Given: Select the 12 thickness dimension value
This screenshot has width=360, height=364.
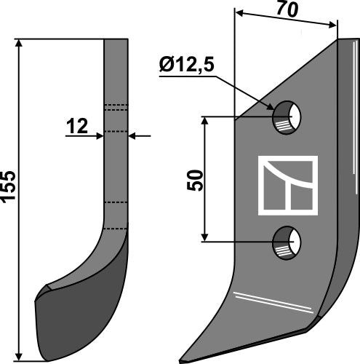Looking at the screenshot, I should click(76, 127).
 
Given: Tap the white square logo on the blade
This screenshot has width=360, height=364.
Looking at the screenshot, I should click(287, 186).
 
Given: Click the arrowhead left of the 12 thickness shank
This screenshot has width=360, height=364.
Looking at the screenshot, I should click(100, 135).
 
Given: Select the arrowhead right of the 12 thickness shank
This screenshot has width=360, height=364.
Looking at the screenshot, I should click(132, 135).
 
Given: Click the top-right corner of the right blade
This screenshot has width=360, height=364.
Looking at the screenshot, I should click(338, 39).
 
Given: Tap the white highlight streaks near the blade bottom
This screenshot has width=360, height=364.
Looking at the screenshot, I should click(269, 300).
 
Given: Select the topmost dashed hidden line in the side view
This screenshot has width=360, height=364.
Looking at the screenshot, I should click(116, 107).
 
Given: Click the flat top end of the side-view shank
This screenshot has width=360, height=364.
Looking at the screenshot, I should click(116, 40).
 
